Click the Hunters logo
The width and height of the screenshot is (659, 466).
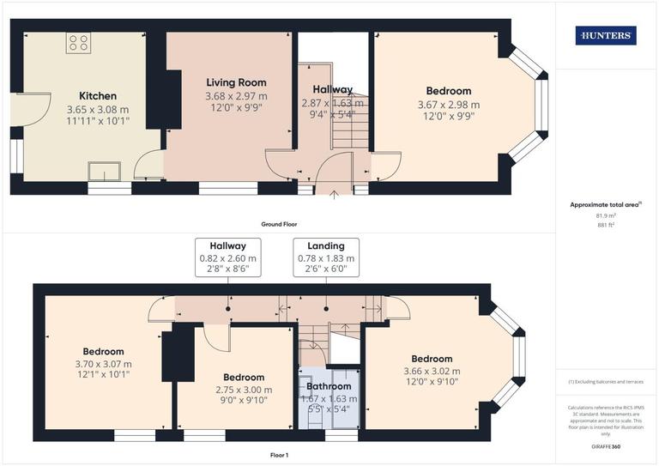coord(607,35)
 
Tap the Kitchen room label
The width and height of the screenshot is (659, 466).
coord(98,96)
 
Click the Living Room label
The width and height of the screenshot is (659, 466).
coord(236,82)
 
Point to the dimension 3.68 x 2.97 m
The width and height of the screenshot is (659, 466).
coord(236,96)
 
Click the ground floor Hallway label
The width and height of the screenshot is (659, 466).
coord(332,89)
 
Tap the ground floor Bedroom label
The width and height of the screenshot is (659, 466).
coord(448,91)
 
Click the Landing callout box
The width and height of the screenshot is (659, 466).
coord(326,257)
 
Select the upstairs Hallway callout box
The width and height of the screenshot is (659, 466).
coord(227,257)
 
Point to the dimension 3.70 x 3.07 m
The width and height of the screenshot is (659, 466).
coord(103,364)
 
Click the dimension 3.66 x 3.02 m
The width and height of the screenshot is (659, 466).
coord(431,372)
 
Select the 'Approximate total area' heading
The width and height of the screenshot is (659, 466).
coord(607,205)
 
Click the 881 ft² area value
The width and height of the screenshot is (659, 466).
coord(607,224)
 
